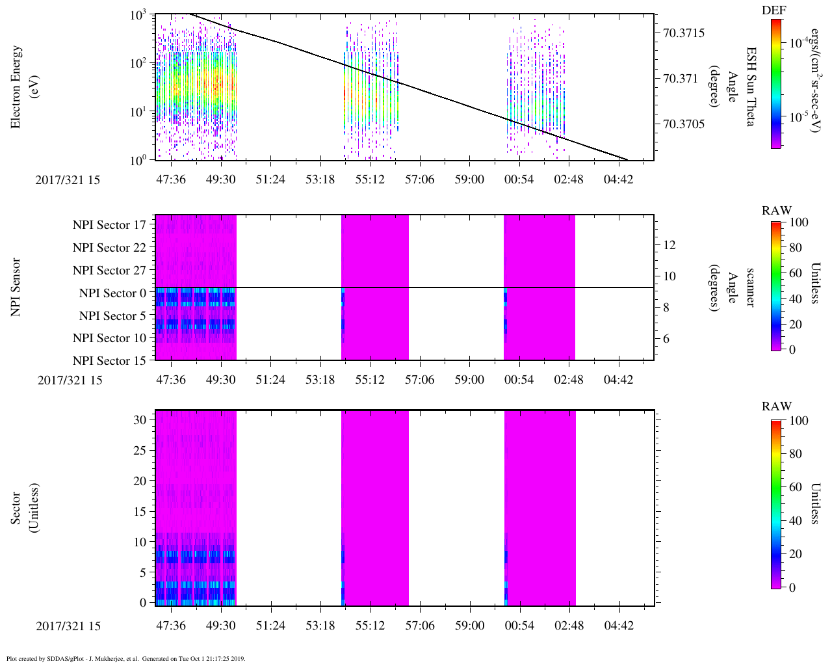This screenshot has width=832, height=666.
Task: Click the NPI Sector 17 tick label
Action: pyautogui.click(x=109, y=225)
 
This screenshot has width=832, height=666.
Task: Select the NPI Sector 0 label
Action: pyautogui.click(x=112, y=293)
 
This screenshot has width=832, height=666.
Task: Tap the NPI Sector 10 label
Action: pyautogui.click(x=109, y=338)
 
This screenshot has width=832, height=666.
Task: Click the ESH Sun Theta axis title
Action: pyautogui.click(x=750, y=87)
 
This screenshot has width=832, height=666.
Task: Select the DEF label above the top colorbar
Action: pyautogui.click(x=773, y=10)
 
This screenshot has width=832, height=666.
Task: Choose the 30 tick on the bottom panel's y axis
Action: pyautogui.click(x=140, y=420)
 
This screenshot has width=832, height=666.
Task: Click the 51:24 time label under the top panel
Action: pyautogui.click(x=270, y=179)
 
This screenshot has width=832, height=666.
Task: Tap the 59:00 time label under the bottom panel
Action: pyautogui.click(x=469, y=626)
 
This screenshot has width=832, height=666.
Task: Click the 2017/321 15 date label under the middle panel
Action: pyautogui.click(x=70, y=380)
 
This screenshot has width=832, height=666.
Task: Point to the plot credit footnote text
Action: pyautogui.click(x=125, y=659)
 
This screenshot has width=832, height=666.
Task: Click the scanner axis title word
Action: pyautogui.click(x=750, y=287)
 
